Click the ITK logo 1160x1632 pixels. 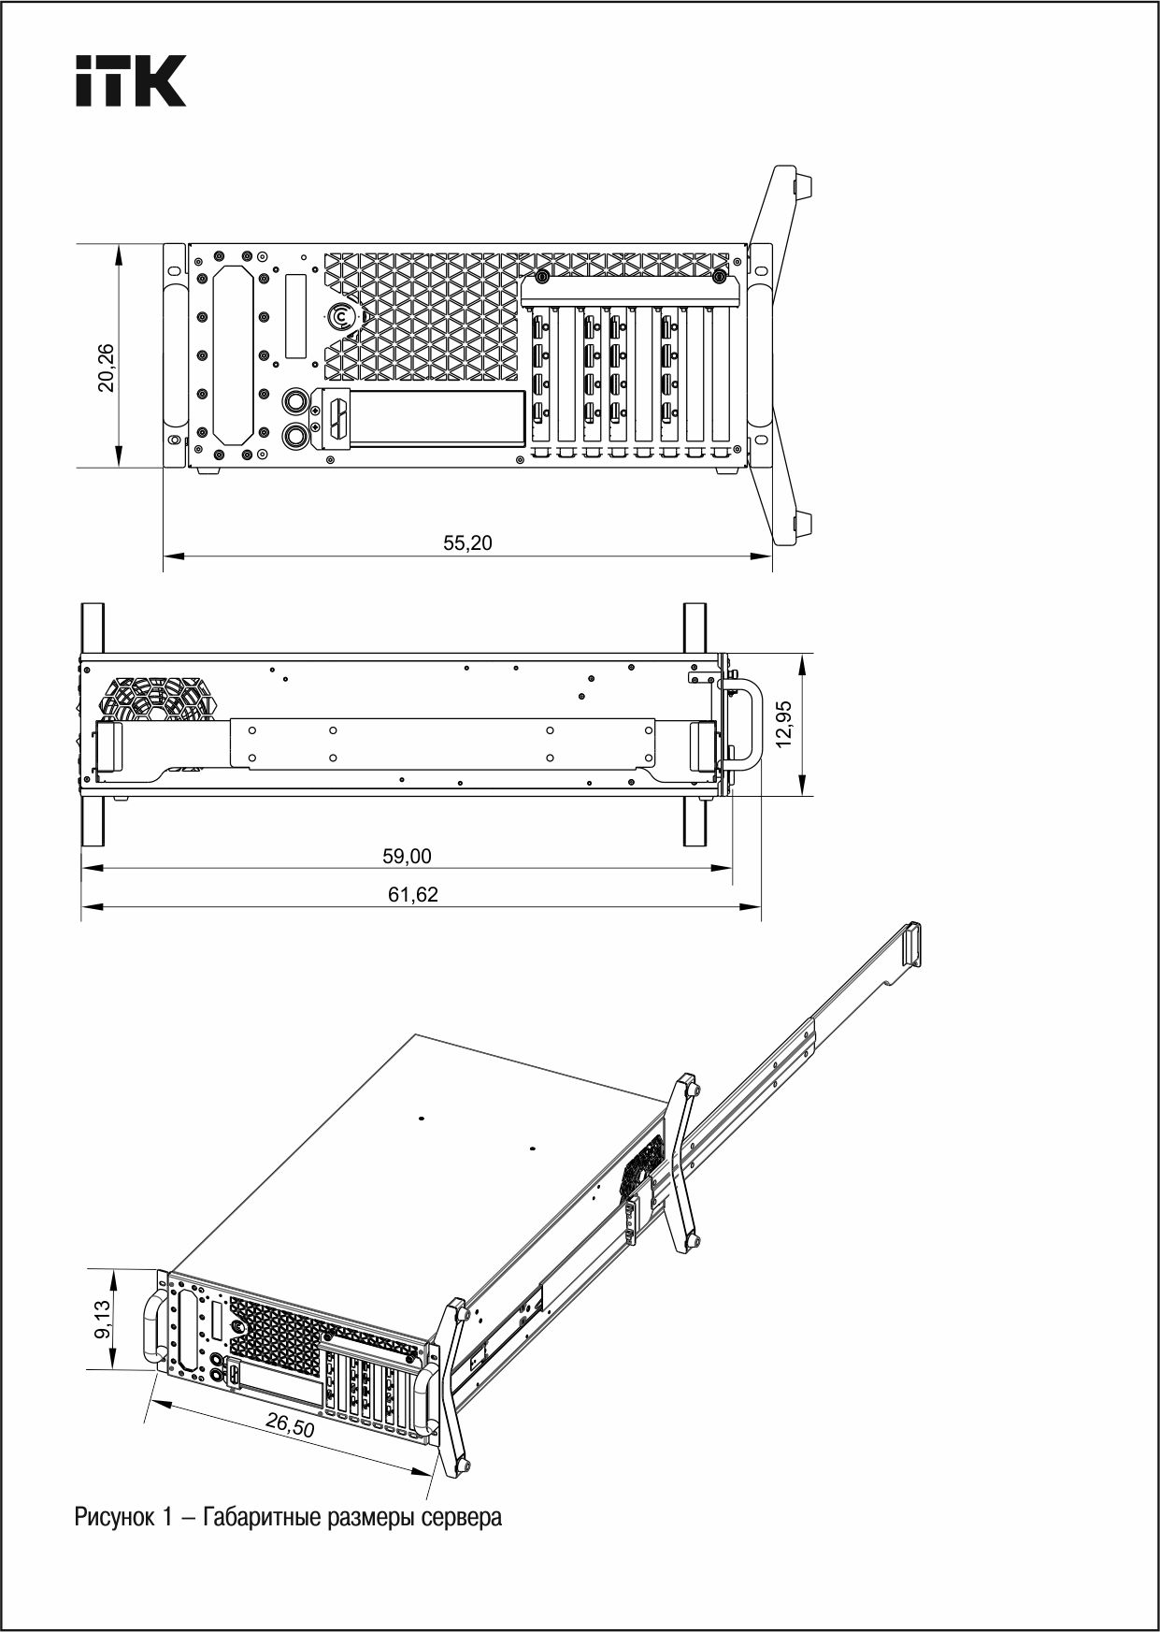[131, 80]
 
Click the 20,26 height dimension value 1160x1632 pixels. [107, 367]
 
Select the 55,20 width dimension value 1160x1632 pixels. [467, 543]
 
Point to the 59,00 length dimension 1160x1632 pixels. [407, 856]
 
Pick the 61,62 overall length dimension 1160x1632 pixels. [413, 895]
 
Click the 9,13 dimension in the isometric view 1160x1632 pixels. [103, 1320]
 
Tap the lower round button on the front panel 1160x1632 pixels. [296, 435]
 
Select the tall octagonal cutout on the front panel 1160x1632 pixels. [233, 354]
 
